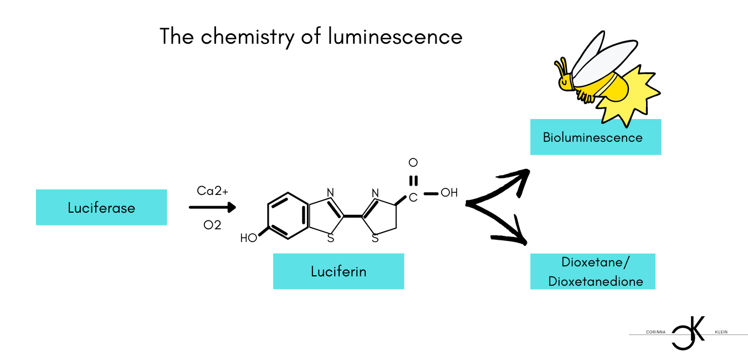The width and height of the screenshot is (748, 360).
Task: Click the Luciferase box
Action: coord(101,208)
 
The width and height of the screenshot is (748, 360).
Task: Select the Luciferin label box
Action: coord(338,271)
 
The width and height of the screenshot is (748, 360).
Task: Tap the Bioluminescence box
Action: coord(595,137)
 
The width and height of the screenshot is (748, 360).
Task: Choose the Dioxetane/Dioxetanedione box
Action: coord(593,271)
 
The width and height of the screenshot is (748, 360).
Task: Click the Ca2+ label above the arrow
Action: coord(212,191)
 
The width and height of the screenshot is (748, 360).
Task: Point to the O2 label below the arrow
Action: coord(212,225)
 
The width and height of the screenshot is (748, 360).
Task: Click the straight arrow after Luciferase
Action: coord(212,208)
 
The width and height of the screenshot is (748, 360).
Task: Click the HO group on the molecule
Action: coord(249,239)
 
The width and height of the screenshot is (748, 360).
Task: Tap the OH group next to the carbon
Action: coord(449,193)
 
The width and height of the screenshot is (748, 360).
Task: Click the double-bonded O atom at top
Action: coord(413,163)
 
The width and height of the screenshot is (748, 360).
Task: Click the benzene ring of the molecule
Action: coord(288,216)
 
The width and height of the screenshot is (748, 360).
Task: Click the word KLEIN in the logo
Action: coord(721,332)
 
